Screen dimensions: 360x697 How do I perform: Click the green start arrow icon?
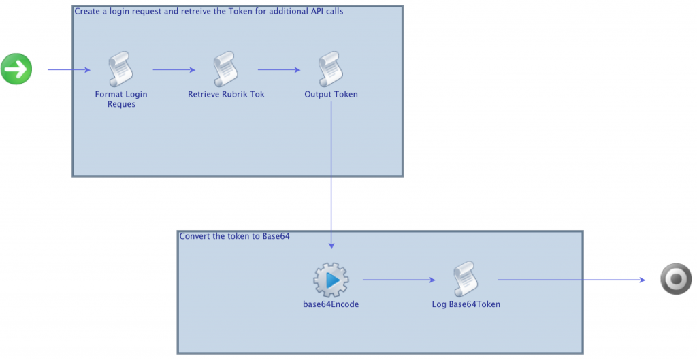click(16, 69)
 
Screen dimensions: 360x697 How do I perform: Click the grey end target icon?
click(676, 280)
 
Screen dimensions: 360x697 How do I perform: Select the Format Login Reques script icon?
click(121, 69)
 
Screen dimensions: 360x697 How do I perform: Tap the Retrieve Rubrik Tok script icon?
click(226, 69)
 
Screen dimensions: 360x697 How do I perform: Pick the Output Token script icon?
click(331, 69)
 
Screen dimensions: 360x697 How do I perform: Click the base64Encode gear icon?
click(331, 280)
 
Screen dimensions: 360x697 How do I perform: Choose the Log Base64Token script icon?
click(466, 280)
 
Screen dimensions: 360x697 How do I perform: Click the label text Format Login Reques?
click(121, 99)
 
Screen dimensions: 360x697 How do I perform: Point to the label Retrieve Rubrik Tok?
click(226, 94)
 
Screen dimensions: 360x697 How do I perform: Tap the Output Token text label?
click(331, 94)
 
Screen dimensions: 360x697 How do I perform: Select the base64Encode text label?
click(331, 304)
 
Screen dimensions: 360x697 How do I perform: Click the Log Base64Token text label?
click(466, 304)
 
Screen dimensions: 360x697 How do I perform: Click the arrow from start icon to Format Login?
click(68, 69)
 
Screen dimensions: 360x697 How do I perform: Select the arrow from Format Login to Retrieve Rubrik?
click(174, 69)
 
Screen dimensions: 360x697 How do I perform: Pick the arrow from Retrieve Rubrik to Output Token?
click(278, 69)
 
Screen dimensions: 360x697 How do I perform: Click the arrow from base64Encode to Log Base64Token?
click(398, 280)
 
